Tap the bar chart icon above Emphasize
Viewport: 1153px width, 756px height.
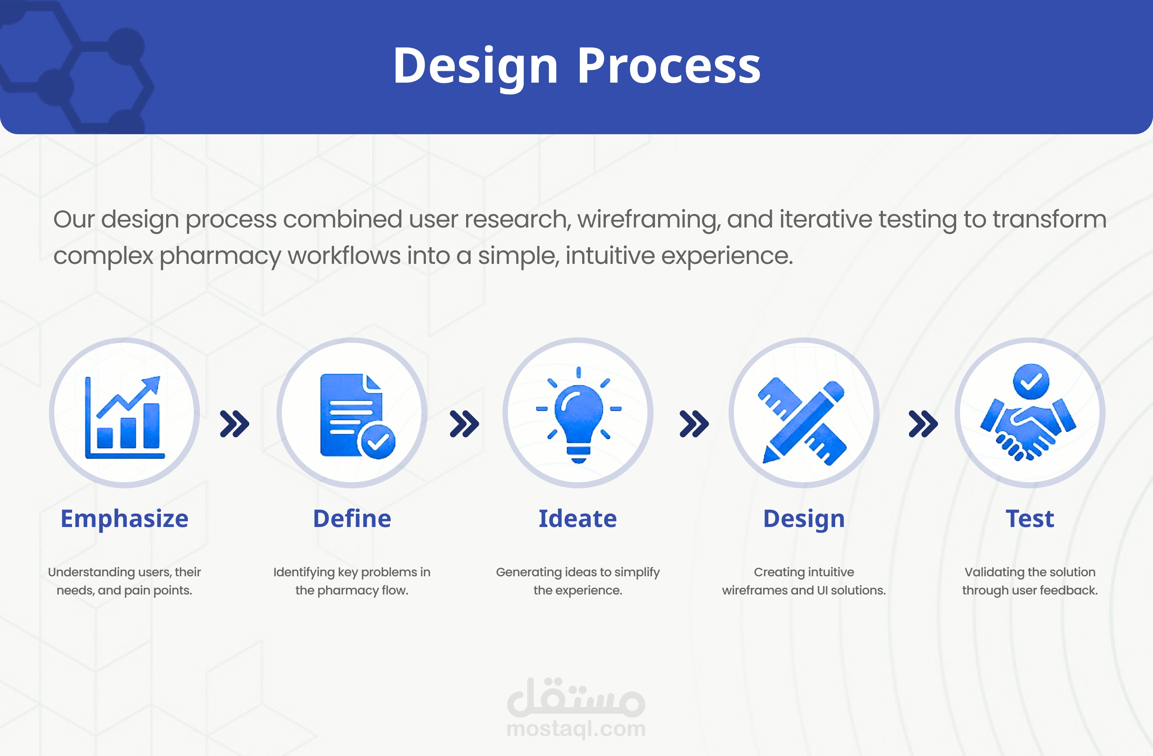tap(124, 417)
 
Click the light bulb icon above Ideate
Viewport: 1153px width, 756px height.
tap(578, 415)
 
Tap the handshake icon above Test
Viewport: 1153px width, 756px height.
tap(1028, 412)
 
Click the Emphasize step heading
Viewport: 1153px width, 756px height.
tap(124, 519)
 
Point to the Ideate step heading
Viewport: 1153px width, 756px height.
tap(578, 518)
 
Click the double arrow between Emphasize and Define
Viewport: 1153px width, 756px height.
tap(234, 424)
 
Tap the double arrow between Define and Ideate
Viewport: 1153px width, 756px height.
tap(465, 424)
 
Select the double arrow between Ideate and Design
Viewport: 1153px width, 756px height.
tap(694, 424)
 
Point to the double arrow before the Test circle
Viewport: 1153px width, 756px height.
tap(923, 424)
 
